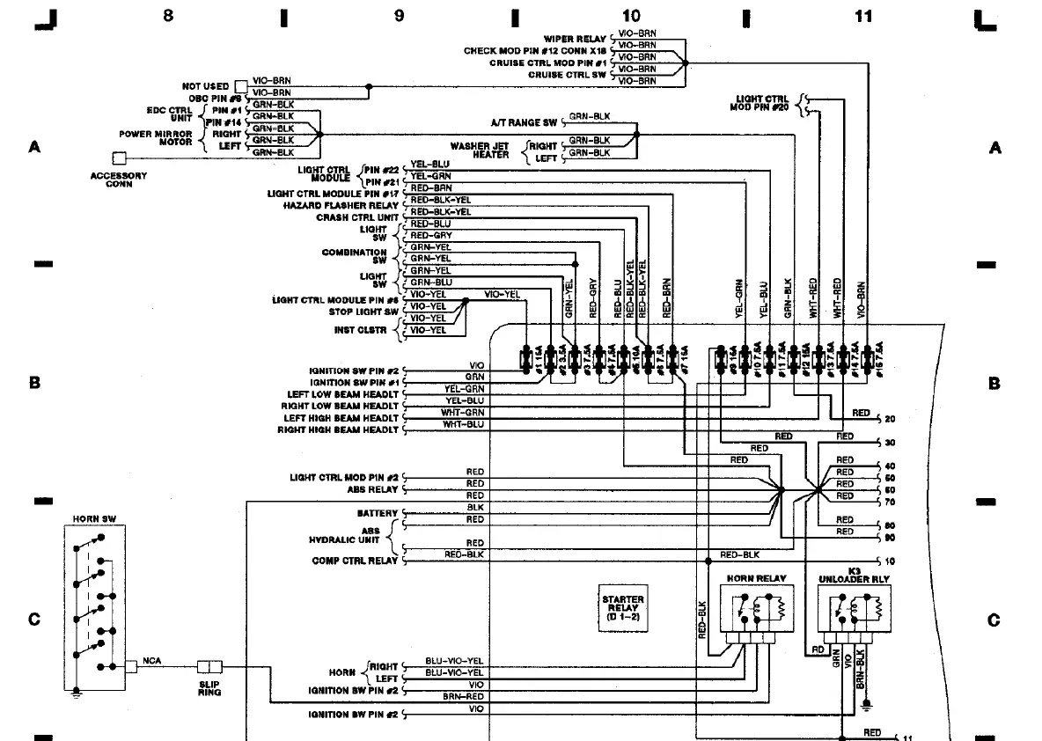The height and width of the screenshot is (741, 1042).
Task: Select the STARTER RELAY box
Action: point(622,607)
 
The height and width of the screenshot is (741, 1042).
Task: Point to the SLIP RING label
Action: point(209,688)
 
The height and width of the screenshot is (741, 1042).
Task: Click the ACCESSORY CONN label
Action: point(118,180)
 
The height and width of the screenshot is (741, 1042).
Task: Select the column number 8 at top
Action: point(167,15)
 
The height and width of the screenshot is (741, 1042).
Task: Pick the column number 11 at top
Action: point(863,15)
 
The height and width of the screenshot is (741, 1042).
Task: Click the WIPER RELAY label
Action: point(575,40)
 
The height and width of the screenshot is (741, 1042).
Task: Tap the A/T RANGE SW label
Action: point(524,122)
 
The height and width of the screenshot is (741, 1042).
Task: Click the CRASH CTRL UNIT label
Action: point(356,217)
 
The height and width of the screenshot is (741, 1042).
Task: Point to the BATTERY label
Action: point(378,513)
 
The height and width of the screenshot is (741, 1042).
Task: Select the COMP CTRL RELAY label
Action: point(354,561)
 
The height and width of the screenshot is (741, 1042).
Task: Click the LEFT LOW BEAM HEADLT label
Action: point(342,394)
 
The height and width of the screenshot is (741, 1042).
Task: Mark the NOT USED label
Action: point(205,86)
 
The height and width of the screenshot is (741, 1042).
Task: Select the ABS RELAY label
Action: point(373,489)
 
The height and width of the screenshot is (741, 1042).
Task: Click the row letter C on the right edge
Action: point(994,620)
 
